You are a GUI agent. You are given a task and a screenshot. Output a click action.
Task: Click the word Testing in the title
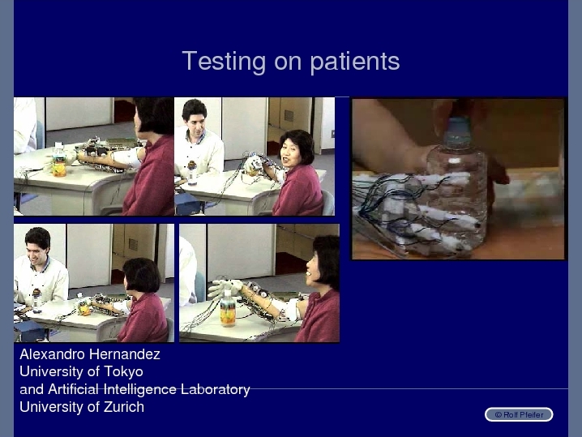pyautogui.click(x=224, y=62)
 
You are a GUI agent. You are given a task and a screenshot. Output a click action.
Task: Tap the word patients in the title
pyautogui.click(x=355, y=62)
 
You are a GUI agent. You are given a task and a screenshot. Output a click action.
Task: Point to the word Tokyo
pyautogui.click(x=123, y=372)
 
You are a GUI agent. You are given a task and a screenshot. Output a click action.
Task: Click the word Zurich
pyautogui.click(x=123, y=407)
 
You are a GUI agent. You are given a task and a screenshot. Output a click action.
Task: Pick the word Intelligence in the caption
pyautogui.click(x=140, y=389)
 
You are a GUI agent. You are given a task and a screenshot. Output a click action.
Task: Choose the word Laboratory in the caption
pyautogui.click(x=216, y=389)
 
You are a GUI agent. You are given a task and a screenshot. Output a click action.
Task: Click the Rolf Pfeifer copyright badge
pyautogui.click(x=519, y=414)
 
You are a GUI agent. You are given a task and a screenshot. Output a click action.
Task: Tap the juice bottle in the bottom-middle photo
pyautogui.click(x=228, y=308)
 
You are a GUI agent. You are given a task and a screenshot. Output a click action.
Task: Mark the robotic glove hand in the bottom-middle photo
pyautogui.click(x=225, y=288)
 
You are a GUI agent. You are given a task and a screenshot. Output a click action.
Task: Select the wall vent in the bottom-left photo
pyautogui.click(x=133, y=244)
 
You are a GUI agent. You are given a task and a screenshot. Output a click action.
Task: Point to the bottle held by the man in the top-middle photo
pyautogui.click(x=191, y=173)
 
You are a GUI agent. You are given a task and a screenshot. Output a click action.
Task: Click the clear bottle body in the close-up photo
pyautogui.click(x=456, y=200)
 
